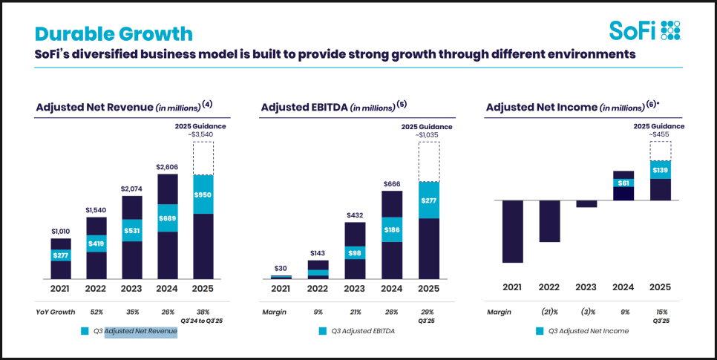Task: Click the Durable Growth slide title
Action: click(x=114, y=33)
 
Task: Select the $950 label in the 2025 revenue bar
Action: click(x=203, y=194)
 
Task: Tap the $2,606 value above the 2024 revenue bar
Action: click(x=168, y=168)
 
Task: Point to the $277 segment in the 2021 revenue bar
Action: click(x=61, y=255)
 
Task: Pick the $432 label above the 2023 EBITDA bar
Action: click(x=355, y=216)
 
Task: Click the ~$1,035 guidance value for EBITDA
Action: click(x=428, y=134)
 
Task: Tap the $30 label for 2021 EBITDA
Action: click(x=281, y=269)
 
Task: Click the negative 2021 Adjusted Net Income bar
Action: click(x=512, y=231)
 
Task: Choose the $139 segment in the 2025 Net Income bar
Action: click(x=660, y=170)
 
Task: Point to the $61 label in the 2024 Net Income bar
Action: click(x=623, y=183)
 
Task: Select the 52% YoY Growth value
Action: click(x=97, y=312)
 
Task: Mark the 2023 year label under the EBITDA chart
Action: click(x=355, y=288)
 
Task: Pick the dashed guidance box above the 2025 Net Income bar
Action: click(x=660, y=150)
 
